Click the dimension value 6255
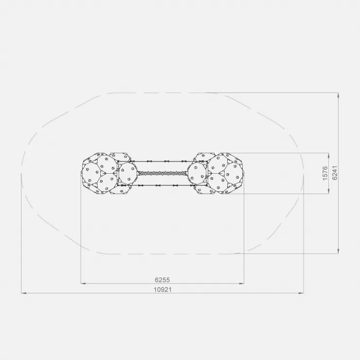click(x=162, y=280)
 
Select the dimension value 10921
click(x=162, y=290)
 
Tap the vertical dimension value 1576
click(x=325, y=173)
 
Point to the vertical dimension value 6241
click(x=335, y=173)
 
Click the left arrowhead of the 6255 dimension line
click(x=83, y=284)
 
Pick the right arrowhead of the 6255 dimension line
click(x=241, y=284)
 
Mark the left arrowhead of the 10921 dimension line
click(x=24, y=293)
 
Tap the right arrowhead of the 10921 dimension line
click(x=301, y=293)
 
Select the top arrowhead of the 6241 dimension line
click(x=338, y=95)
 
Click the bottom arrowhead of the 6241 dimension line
click(x=338, y=251)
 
